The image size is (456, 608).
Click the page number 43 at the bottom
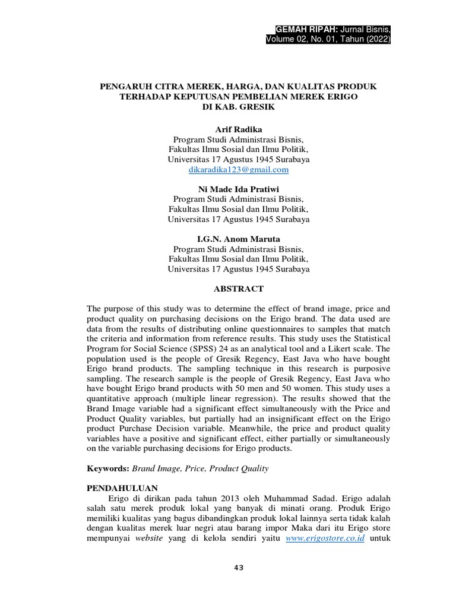click(x=239, y=568)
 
